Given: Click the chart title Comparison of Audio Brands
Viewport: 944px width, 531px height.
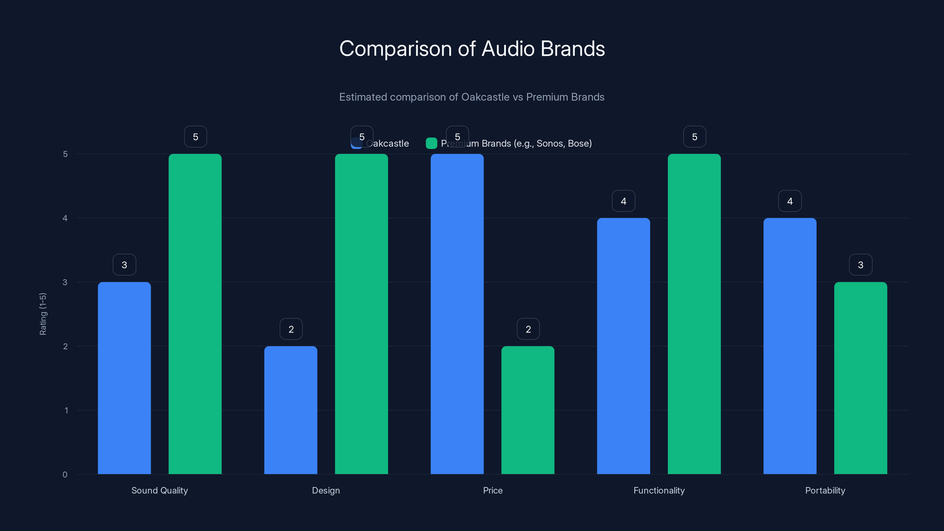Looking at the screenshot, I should tap(472, 48).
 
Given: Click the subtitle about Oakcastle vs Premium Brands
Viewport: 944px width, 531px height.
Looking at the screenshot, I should tap(472, 97).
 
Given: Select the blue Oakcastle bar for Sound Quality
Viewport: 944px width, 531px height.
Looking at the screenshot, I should tap(124, 378).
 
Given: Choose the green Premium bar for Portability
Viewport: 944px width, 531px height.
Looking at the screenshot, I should tap(861, 378).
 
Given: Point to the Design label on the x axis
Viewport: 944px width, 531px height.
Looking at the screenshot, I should tap(326, 490).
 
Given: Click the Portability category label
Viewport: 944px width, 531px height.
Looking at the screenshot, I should tap(825, 490).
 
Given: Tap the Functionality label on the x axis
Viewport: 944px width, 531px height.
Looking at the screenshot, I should tap(659, 490).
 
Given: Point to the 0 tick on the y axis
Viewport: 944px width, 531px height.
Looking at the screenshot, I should tap(65, 475).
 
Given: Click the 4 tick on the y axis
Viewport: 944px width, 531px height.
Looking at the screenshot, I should tap(65, 218).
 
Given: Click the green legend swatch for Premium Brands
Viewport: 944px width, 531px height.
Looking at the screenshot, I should tap(431, 143).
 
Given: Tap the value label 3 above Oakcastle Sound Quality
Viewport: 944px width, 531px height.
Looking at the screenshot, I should tap(124, 265).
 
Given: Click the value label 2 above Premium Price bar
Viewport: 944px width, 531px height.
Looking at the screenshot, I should tap(528, 329).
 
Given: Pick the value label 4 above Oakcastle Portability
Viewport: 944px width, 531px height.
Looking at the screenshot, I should tap(790, 201).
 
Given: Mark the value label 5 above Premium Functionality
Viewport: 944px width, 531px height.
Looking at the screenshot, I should tap(694, 137).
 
